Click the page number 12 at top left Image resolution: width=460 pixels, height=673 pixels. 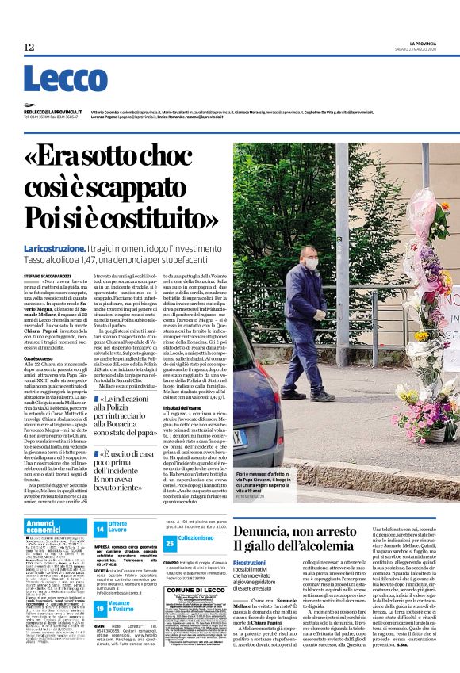(x=29, y=48)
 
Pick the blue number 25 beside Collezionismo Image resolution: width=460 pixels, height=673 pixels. (x=170, y=542)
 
